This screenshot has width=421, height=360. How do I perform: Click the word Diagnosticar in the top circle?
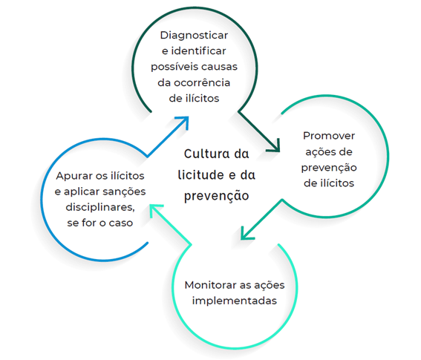(194, 36)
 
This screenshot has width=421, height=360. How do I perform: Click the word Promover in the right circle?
(329, 136)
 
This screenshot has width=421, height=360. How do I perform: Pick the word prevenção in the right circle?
(329, 168)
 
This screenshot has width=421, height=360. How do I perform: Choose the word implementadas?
(235, 301)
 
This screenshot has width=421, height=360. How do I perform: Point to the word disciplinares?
(100, 208)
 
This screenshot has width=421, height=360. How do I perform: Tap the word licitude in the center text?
(200, 174)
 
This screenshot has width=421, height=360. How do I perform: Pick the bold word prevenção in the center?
(216, 196)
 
